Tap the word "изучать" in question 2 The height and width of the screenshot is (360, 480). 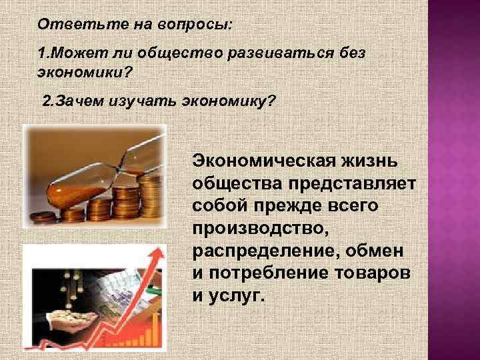tap(145, 101)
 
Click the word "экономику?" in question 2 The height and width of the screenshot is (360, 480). tap(229, 101)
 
